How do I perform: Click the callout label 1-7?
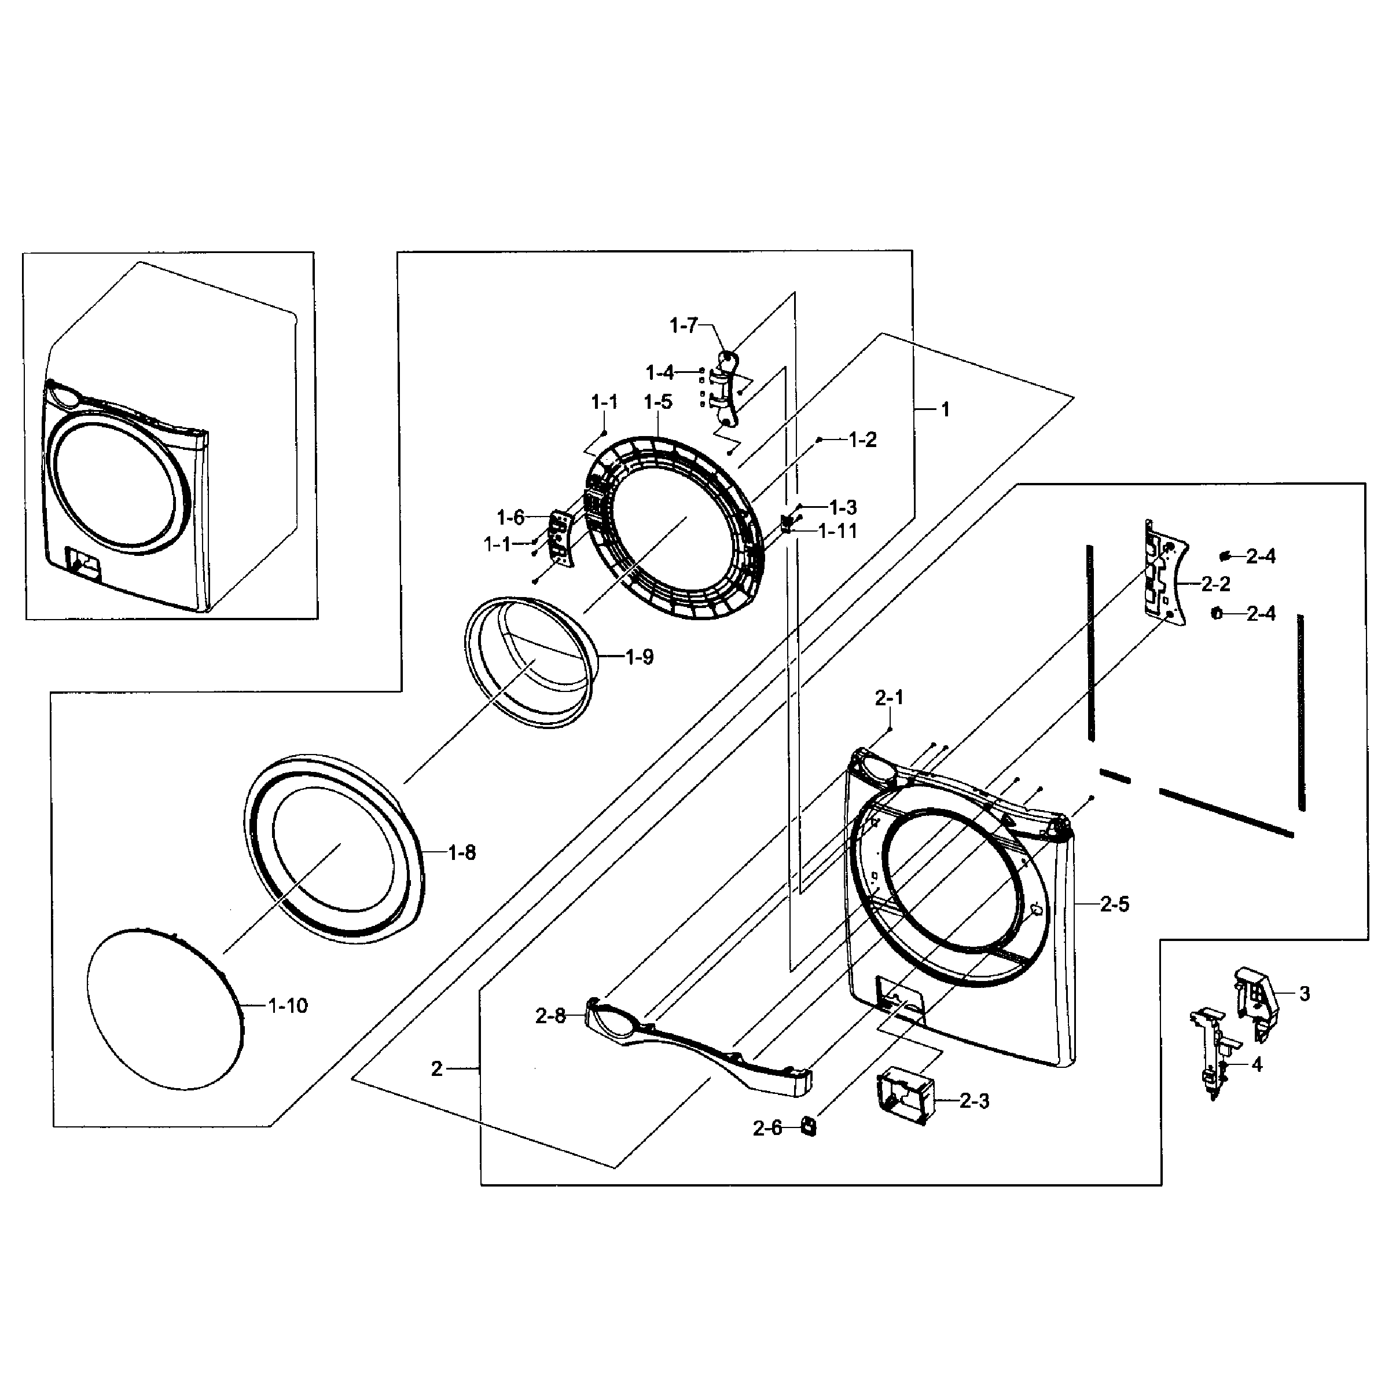pyautogui.click(x=683, y=326)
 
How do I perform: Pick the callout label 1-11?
pyautogui.click(x=837, y=532)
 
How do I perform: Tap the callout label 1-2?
pyautogui.click(x=862, y=440)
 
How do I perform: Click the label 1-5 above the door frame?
pyautogui.click(x=657, y=402)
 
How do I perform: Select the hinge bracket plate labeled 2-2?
pyautogui.click(x=1163, y=572)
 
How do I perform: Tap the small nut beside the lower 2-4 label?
pyautogui.click(x=1217, y=613)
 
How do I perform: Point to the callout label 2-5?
pyautogui.click(x=1115, y=905)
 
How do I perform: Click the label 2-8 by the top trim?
pyautogui.click(x=550, y=1016)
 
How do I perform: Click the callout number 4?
pyautogui.click(x=1257, y=1065)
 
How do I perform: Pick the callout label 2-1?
pyautogui.click(x=889, y=697)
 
